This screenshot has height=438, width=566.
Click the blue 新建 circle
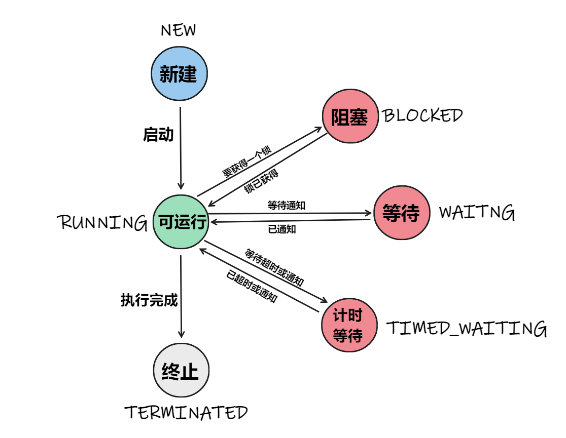coord(180,74)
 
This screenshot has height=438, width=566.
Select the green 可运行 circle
coord(181,221)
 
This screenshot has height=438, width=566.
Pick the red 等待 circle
coord(401,213)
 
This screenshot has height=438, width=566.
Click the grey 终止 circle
coord(181,371)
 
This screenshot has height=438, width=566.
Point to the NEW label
coord(178,31)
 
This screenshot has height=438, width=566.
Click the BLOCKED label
coord(422,116)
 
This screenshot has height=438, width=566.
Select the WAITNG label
coord(476,213)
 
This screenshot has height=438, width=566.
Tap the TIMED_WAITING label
coord(467,329)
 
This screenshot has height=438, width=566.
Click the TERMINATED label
coord(186,413)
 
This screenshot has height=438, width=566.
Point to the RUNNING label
coord(103,222)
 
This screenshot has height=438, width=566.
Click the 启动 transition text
coord(158,135)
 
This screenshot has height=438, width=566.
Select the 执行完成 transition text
coord(149,300)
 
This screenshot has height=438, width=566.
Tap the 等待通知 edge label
coord(286,206)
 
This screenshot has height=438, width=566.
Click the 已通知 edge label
coord(281,229)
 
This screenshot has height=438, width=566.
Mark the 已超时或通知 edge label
coord(252,287)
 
